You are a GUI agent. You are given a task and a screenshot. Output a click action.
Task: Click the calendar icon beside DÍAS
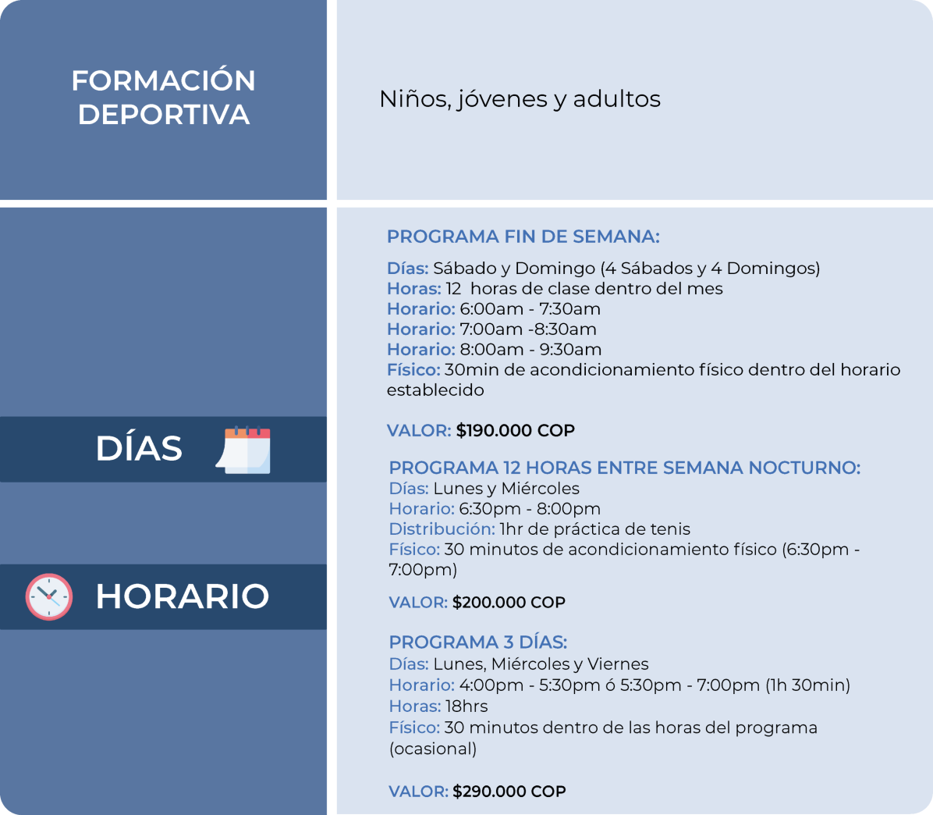click(243, 450)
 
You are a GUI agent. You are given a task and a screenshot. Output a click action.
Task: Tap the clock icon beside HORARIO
click(49, 596)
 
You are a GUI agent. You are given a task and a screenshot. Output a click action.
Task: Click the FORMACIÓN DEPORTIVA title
click(164, 97)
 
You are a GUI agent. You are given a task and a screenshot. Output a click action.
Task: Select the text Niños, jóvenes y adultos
click(520, 99)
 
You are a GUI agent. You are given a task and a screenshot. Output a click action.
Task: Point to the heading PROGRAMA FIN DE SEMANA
click(523, 237)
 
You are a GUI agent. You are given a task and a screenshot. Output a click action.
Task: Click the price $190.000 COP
click(516, 430)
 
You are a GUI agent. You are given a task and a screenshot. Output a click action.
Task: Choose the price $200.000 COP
click(509, 602)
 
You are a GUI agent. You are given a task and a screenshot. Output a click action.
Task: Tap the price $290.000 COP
click(509, 791)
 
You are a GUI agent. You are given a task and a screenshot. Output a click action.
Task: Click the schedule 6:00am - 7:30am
click(530, 309)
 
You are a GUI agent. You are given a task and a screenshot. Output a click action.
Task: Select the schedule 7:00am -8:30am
click(528, 329)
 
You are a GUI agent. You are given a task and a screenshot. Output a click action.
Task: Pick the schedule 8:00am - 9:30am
click(530, 350)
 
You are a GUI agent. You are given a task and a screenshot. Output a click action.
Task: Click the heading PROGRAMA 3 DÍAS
click(477, 642)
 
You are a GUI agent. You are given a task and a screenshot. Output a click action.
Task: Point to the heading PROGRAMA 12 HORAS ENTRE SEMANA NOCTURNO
click(625, 468)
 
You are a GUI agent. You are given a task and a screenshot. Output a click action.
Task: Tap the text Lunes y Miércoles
click(506, 489)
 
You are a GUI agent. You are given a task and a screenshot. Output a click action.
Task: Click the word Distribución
click(442, 529)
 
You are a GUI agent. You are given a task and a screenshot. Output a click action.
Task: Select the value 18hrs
click(466, 706)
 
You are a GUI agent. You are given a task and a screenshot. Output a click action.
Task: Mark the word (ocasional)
click(433, 749)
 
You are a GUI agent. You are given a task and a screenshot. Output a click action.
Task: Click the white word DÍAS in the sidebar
click(139, 448)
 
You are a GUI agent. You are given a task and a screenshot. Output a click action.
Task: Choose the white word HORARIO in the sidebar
click(182, 596)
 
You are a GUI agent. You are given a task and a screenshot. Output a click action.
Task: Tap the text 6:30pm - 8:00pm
click(530, 509)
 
